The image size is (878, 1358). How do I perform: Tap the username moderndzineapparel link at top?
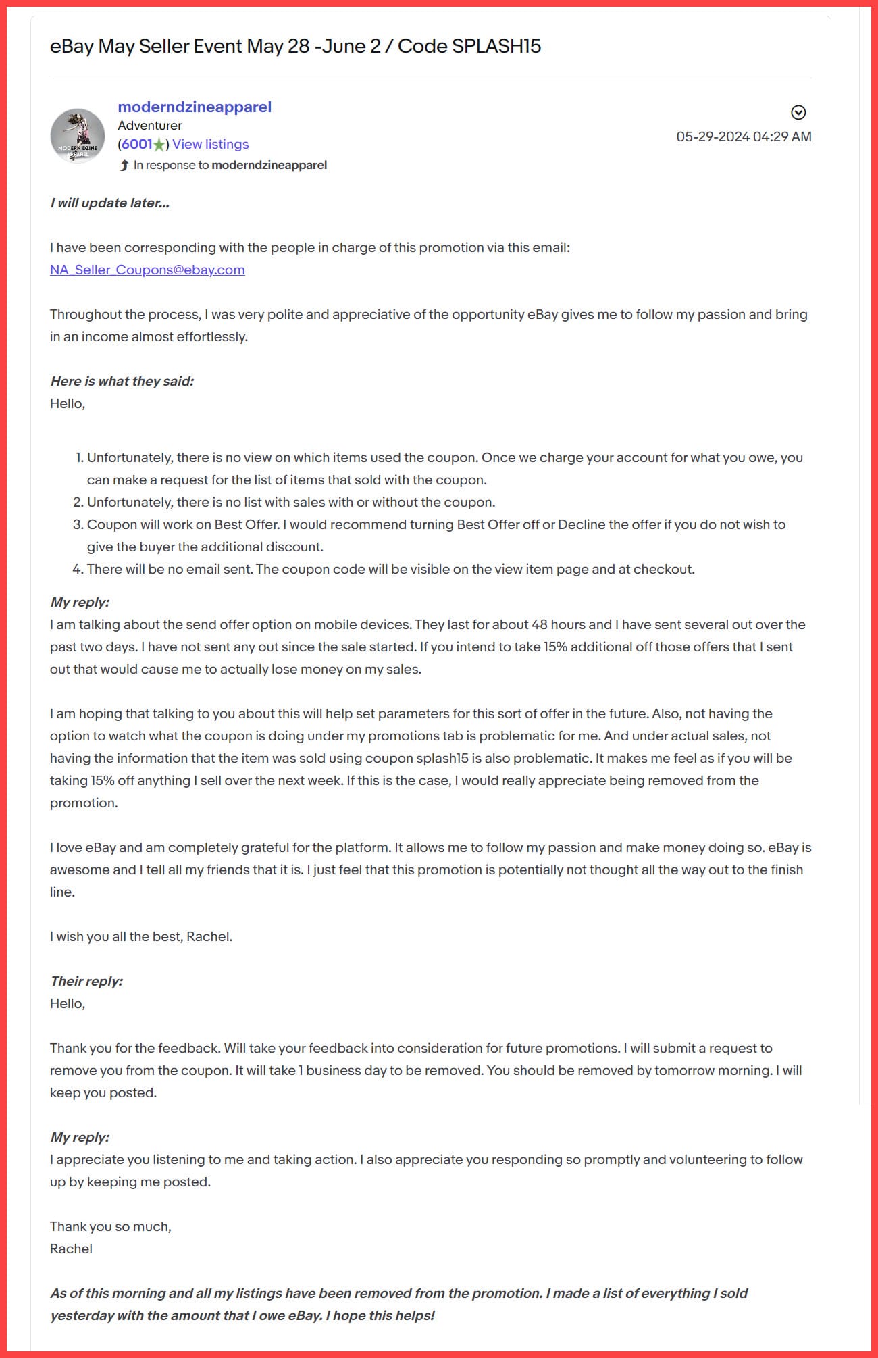tap(195, 107)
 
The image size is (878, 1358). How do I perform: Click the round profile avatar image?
tap(78, 136)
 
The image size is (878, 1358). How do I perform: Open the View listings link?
tap(211, 144)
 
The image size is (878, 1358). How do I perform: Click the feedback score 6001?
tap(137, 144)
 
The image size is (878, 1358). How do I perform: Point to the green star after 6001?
tap(159, 145)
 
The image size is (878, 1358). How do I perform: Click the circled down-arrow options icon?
tap(798, 112)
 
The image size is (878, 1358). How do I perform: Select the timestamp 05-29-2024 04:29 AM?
tap(744, 136)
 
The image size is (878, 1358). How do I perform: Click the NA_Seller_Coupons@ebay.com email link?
tap(147, 270)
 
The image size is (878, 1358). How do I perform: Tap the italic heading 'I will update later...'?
tap(109, 203)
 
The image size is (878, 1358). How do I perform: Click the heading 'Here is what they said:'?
tap(122, 381)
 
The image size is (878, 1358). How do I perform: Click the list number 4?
tap(77, 570)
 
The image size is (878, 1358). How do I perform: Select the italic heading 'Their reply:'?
tap(86, 981)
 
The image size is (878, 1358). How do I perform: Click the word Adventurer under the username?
tap(150, 126)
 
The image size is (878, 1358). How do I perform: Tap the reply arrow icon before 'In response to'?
tap(124, 165)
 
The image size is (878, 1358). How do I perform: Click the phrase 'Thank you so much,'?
tap(111, 1226)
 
